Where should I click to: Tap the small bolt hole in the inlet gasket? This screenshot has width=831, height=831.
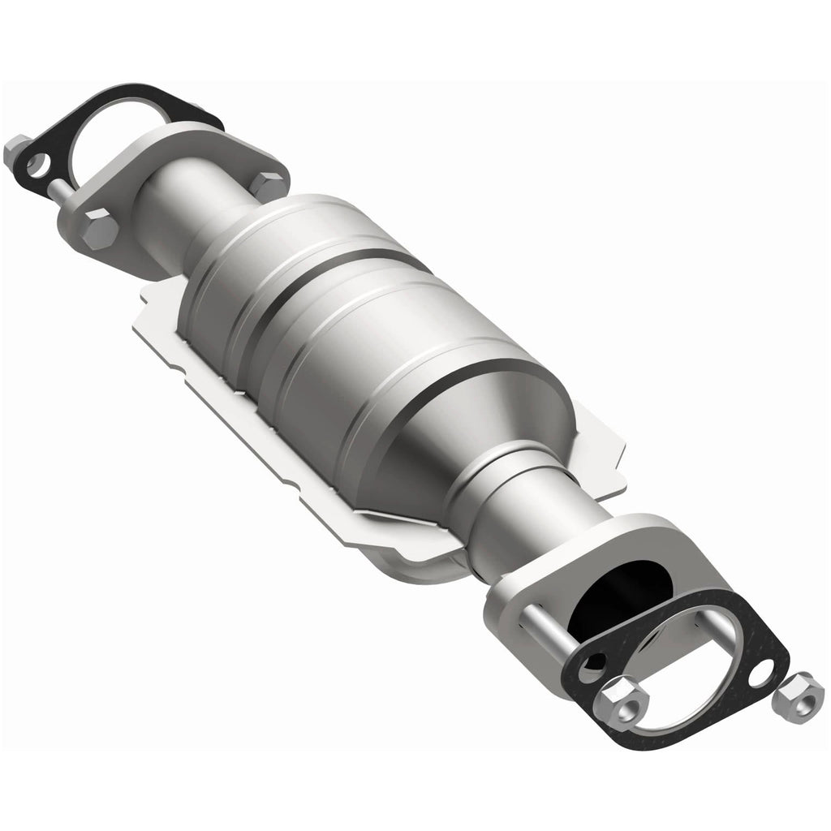(36, 168)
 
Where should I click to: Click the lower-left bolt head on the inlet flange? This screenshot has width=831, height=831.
(101, 230)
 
